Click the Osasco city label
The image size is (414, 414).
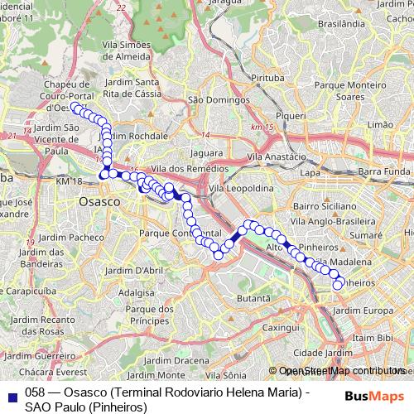[99, 202]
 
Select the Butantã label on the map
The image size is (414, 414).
[254, 297]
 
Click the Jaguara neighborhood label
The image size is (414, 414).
[207, 153]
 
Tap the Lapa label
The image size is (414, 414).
[310, 173]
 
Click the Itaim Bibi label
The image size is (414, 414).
[373, 339]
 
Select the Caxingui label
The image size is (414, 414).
[280, 328]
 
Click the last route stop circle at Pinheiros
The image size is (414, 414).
[338, 286]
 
